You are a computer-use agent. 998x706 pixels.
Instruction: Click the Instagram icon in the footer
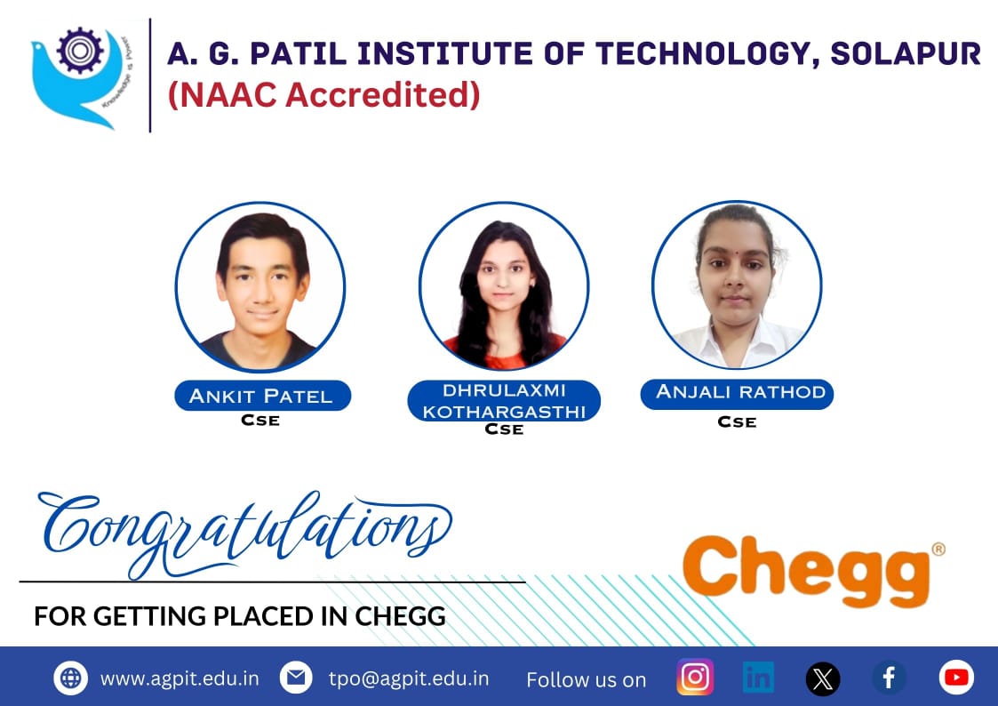[x=695, y=677]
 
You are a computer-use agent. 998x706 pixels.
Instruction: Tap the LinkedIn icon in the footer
[x=758, y=678]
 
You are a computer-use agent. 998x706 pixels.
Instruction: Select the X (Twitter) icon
[x=823, y=678]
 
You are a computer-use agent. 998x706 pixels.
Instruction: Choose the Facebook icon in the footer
[x=890, y=678]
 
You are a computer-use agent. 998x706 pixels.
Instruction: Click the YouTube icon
[x=956, y=678]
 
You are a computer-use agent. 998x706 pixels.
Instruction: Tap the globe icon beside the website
[x=70, y=678]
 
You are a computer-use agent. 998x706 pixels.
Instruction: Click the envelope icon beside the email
[x=296, y=678]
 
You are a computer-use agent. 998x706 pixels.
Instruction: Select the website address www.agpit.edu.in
[x=180, y=678]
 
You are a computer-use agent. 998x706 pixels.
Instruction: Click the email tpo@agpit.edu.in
[x=409, y=678]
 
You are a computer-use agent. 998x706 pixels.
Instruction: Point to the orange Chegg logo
[x=806, y=571]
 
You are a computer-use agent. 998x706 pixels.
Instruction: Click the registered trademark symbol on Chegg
[x=938, y=549]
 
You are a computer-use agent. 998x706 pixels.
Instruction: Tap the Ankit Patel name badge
[x=262, y=396]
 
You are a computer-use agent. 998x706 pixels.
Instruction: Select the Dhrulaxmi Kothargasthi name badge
[x=504, y=400]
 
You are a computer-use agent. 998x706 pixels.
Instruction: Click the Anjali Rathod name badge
[x=737, y=394]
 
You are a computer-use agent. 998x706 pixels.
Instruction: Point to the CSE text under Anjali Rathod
[x=737, y=422]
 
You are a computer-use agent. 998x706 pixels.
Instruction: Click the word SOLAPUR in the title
[x=906, y=53]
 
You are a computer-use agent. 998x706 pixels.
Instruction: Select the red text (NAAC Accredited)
[x=324, y=95]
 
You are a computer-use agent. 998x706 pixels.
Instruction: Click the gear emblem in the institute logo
[x=80, y=51]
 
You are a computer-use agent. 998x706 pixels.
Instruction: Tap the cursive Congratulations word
[x=245, y=533]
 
